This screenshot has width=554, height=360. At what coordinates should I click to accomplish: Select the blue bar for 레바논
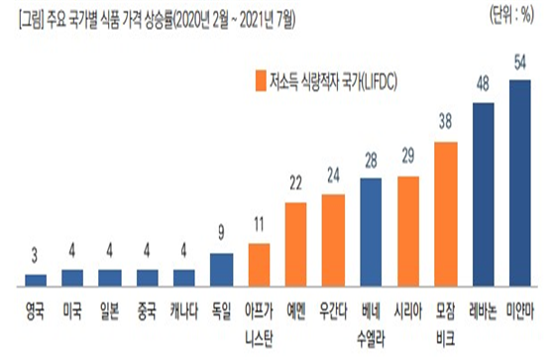coord(483,192)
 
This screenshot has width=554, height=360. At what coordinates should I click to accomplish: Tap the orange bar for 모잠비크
coord(446,213)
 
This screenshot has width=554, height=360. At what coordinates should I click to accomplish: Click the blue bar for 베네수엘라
coord(371,231)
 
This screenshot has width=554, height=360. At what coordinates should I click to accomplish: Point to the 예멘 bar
coord(296,243)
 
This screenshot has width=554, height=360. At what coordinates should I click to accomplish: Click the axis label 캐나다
coord(184,307)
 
